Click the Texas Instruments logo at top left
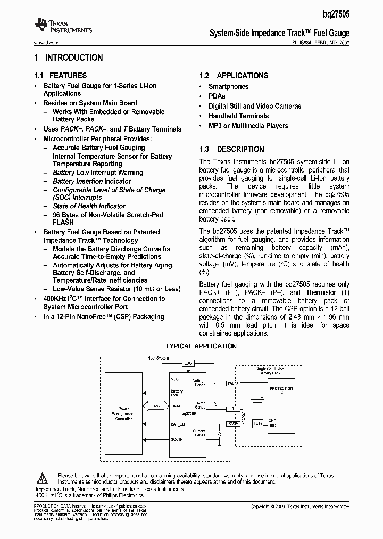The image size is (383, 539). point(63,26)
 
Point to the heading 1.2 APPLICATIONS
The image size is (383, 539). point(234,76)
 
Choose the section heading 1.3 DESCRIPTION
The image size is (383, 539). point(231,149)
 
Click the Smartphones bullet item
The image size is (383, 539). point(228,86)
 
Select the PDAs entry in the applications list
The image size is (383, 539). point(217,96)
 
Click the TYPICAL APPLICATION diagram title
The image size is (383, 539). point(201,346)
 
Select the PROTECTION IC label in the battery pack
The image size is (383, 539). point(281,390)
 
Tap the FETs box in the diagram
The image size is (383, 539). point(258,423)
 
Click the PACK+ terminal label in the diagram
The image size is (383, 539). point(232,382)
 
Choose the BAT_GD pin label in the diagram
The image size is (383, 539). point(178,423)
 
